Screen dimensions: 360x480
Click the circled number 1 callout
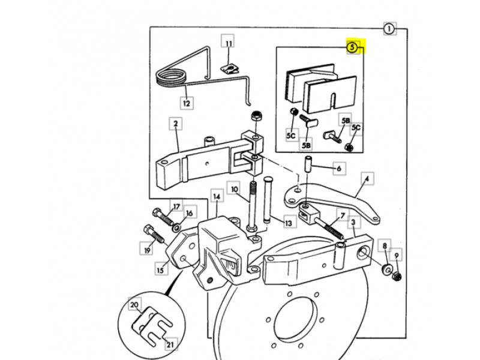389,28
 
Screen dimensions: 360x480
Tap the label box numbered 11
229,43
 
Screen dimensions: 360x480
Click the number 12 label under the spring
187,103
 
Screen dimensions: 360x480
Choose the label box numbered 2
176,124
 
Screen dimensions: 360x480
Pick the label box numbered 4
367,178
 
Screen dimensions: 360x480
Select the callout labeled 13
289,223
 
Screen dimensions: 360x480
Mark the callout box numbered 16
189,213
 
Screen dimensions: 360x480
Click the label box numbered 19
146,247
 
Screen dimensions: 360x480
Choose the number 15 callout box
160,271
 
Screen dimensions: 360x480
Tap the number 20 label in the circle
135,305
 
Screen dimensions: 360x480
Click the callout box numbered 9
396,255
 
